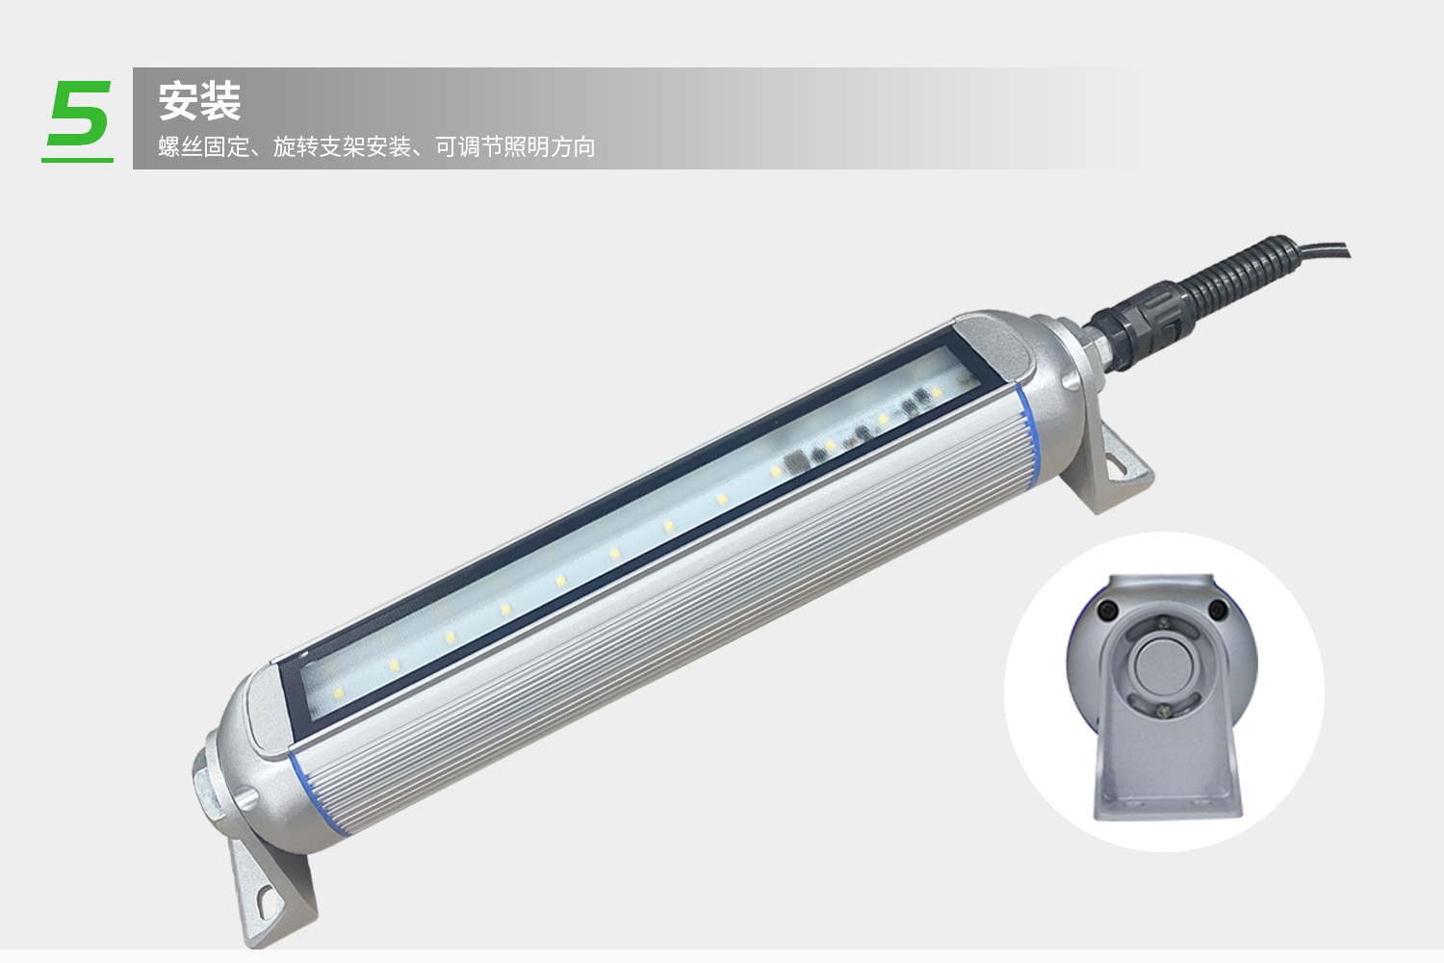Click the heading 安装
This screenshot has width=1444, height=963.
click(x=200, y=101)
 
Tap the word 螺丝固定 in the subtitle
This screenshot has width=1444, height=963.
click(x=204, y=147)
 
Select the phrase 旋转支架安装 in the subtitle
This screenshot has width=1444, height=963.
click(x=342, y=147)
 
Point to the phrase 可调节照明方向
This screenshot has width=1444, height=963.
click(x=515, y=147)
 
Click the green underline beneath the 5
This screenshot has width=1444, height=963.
click(x=77, y=159)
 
